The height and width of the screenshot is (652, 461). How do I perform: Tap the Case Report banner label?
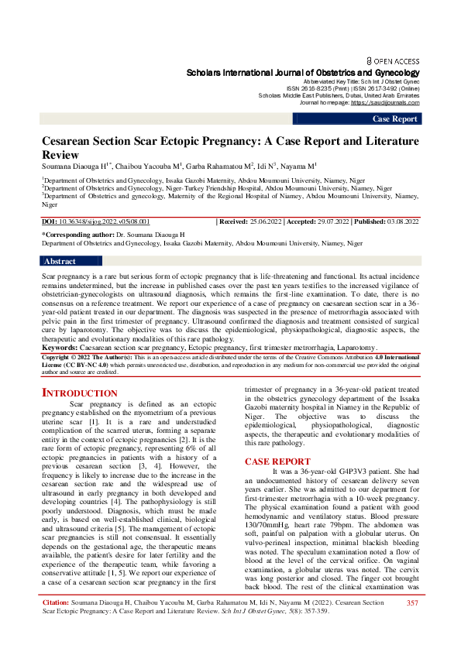click(x=395, y=119)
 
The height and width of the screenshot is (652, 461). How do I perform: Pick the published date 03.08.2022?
click(x=399, y=221)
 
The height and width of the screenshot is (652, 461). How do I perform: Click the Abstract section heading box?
click(x=60, y=262)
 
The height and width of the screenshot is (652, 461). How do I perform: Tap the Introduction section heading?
click(x=79, y=393)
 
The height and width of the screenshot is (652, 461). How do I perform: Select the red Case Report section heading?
click(x=277, y=462)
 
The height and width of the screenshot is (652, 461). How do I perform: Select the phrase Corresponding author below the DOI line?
click(x=77, y=233)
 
